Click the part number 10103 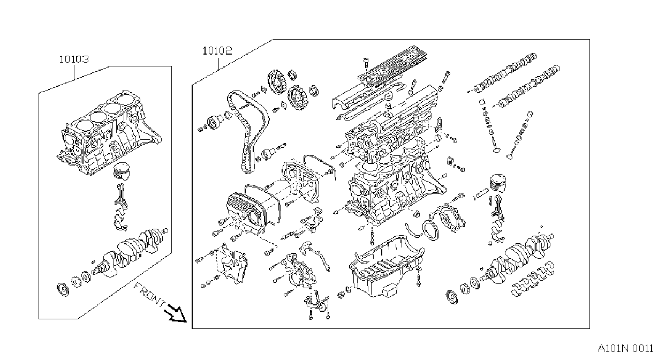point(74,59)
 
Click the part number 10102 point(217,51)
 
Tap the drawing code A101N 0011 point(626,349)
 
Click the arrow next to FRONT point(177,313)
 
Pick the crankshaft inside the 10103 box point(129,253)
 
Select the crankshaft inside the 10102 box point(517,259)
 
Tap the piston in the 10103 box point(122,171)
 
